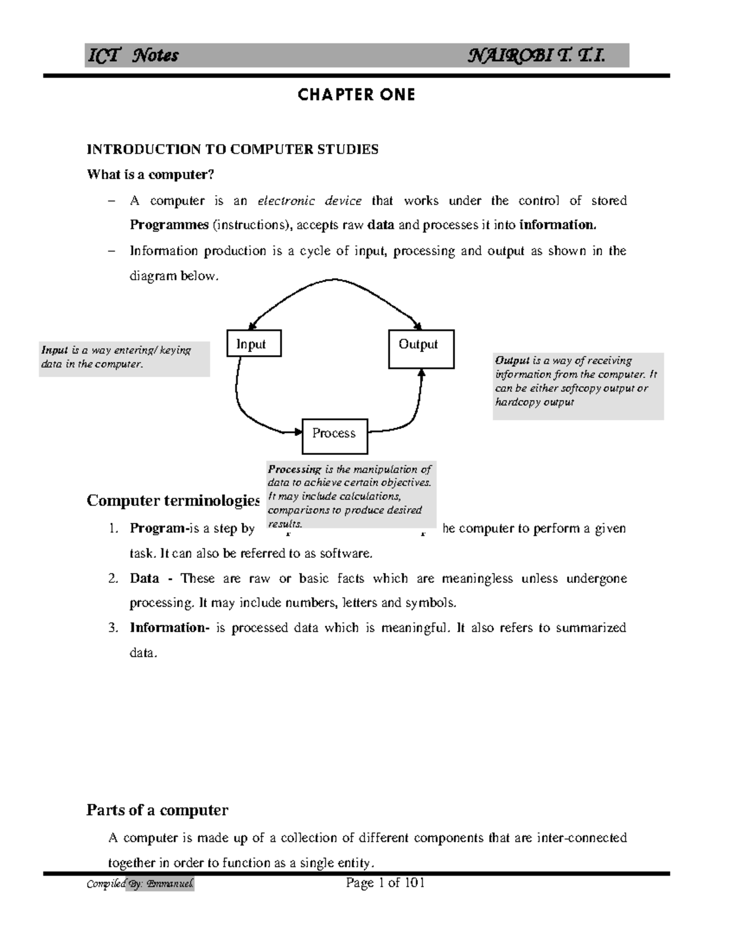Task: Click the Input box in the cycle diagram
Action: [x=254, y=344]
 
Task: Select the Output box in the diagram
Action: [x=421, y=349]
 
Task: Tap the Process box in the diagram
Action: [x=334, y=435]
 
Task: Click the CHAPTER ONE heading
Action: [x=356, y=94]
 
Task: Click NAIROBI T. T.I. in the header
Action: [x=537, y=56]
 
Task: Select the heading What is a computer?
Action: [x=151, y=175]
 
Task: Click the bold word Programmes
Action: [x=169, y=225]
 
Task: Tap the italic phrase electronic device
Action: [x=309, y=200]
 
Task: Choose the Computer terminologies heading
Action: [x=173, y=500]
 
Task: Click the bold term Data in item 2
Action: [x=145, y=578]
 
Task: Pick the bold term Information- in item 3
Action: [x=169, y=628]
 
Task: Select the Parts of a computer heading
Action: [x=157, y=810]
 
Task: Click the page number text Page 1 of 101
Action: [x=385, y=882]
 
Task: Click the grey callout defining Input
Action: [x=124, y=358]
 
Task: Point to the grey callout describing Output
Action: [x=578, y=386]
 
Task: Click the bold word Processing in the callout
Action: [x=294, y=470]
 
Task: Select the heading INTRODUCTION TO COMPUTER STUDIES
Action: [x=233, y=149]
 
